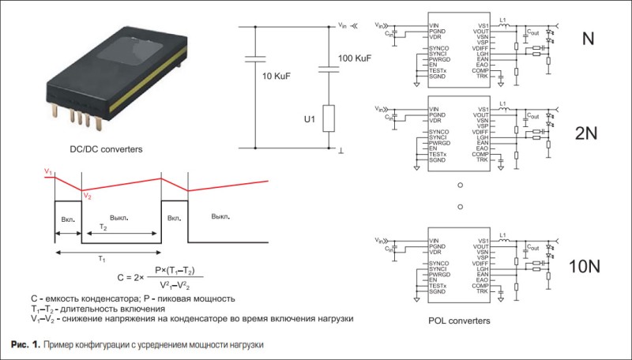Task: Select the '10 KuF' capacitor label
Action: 277,76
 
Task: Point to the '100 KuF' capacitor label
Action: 355,59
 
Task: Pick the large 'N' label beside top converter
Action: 589,39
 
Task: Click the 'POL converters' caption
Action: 459,321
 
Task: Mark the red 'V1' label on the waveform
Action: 48,171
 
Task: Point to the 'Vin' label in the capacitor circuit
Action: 342,26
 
